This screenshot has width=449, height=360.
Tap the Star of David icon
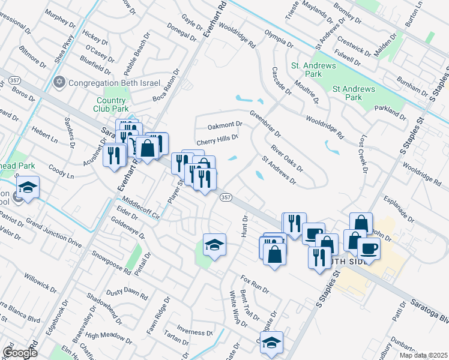[x=59, y=82]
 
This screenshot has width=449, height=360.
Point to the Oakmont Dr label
[x=224, y=125]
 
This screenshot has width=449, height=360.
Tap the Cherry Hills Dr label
[x=218, y=137]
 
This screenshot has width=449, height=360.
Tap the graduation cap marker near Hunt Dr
[x=214, y=245]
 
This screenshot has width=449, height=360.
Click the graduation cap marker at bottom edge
[x=271, y=343]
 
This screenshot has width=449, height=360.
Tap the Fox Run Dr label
[x=255, y=284]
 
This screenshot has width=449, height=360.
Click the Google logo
[x=19, y=352]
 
